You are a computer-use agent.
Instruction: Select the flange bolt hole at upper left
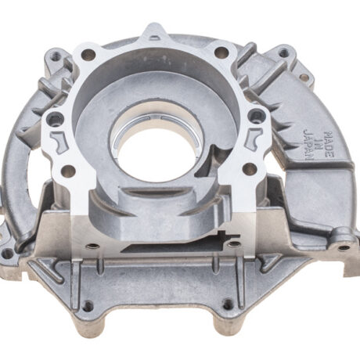(x=88, y=55)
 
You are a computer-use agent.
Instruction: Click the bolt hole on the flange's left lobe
(x=55, y=120)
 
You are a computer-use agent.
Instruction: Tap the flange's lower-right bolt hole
(x=249, y=168)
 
